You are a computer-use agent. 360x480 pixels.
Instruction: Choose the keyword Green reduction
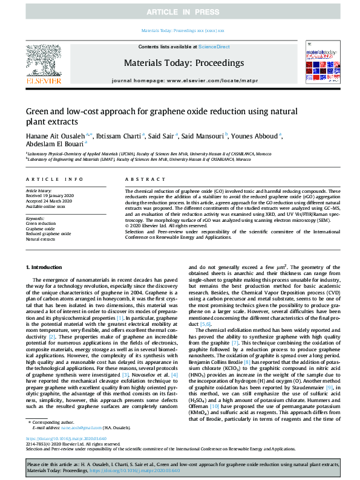[40, 223]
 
